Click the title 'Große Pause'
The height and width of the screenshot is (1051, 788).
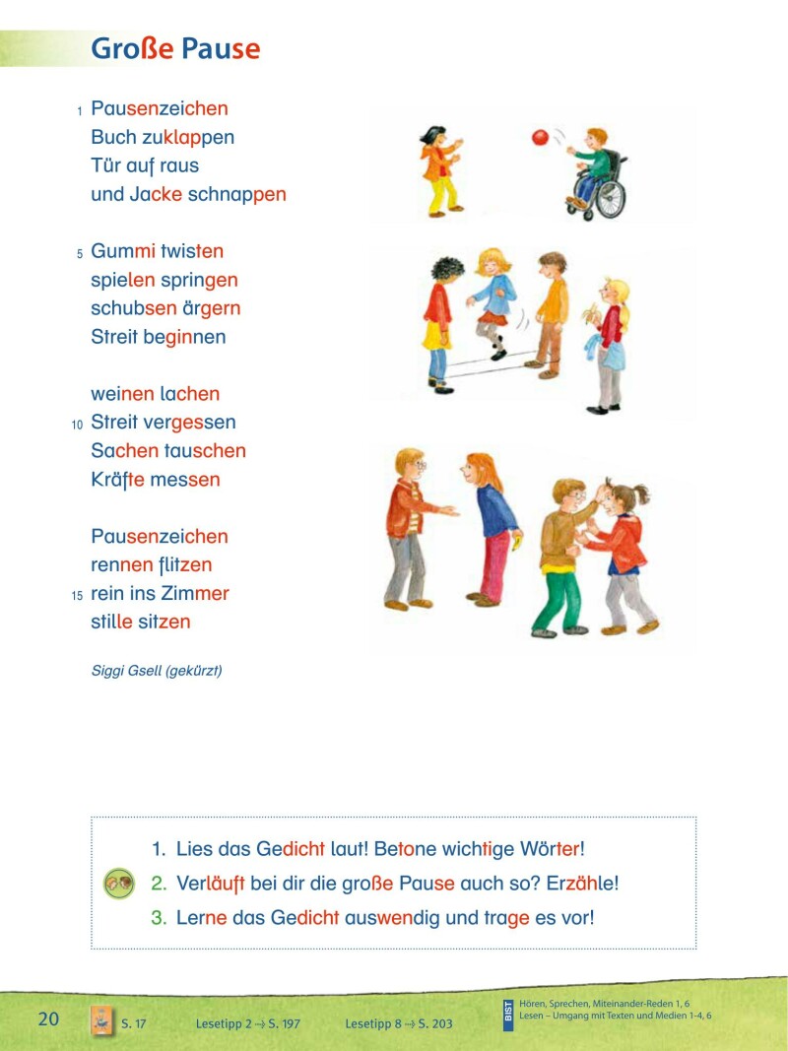tap(175, 49)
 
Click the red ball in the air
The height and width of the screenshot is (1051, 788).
tap(539, 138)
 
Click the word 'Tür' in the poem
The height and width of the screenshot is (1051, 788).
tap(105, 165)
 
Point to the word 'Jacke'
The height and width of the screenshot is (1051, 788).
tap(156, 194)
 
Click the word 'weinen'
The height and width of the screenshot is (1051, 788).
tap(122, 394)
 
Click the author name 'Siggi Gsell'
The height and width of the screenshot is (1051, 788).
tap(125, 671)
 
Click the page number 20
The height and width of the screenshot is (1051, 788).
tap(49, 1018)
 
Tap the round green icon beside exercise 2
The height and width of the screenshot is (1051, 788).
tap(118, 884)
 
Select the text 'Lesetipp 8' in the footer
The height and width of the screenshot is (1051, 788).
tap(372, 1024)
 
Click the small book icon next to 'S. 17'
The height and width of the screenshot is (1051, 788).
tap(99, 1020)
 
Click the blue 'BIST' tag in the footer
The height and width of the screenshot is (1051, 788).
tap(508, 1014)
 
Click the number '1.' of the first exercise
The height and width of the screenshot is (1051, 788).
tap(159, 848)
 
